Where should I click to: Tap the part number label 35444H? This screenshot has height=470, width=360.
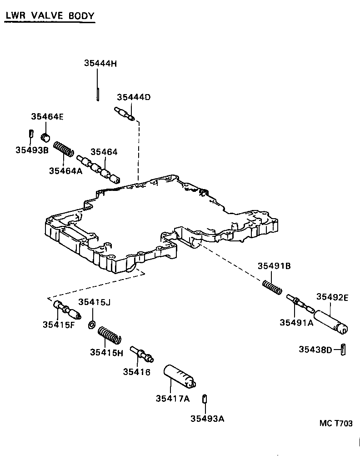point(100,64)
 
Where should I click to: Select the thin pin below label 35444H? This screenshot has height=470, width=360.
point(98,94)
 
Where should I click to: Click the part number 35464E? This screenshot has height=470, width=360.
point(47,117)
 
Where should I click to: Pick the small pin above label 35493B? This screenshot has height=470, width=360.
point(31,133)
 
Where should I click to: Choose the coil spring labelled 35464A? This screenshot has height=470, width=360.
point(64,150)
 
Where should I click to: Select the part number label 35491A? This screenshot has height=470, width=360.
point(296,322)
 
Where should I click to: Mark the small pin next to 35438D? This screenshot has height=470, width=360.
point(344,350)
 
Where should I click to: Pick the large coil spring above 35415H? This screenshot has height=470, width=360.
point(110,335)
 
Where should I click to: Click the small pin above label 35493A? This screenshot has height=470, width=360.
point(205,399)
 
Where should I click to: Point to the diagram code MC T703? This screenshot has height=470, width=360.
point(336,424)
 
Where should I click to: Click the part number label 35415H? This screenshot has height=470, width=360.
point(106,352)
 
